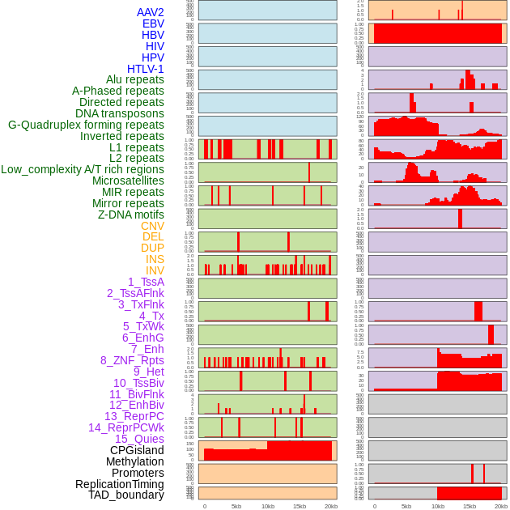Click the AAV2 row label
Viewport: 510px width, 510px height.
click(151, 12)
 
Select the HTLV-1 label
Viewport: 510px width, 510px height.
click(146, 69)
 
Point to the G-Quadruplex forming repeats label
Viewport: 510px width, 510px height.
click(86, 125)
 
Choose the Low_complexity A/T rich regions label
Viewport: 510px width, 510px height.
click(83, 169)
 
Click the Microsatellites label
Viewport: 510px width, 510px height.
click(128, 181)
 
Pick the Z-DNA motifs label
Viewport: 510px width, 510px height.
click(131, 215)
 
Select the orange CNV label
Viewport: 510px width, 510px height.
click(152, 226)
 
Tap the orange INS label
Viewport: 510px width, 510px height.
click(155, 259)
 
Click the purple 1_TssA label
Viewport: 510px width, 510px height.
click(146, 282)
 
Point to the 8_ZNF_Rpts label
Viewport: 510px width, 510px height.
click(132, 360)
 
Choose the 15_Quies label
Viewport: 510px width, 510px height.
click(139, 439)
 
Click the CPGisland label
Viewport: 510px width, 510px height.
click(137, 450)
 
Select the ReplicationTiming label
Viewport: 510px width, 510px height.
click(119, 484)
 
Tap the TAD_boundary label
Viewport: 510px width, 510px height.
click(126, 495)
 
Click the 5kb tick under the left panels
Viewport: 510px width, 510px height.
click(236, 506)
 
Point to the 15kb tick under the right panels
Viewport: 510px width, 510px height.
click(470, 506)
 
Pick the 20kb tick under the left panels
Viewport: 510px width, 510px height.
click(331, 506)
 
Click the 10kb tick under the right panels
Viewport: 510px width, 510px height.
click(438, 506)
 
